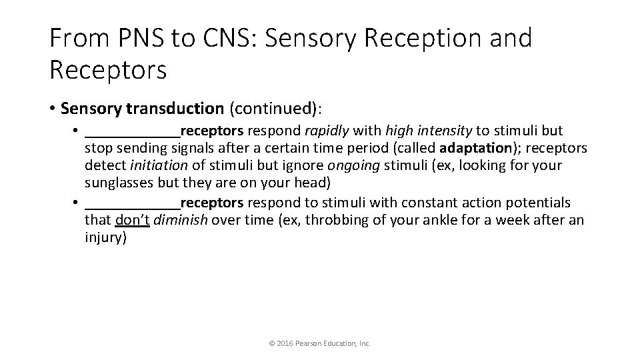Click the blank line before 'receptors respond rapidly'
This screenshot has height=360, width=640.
133,131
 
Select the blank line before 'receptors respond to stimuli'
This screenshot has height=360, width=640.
133,203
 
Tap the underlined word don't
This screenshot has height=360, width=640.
133,220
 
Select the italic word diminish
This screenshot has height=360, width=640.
179,220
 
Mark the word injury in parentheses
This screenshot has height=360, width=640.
104,238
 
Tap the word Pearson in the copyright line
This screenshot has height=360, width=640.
313,343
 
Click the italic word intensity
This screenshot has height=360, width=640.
427,130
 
